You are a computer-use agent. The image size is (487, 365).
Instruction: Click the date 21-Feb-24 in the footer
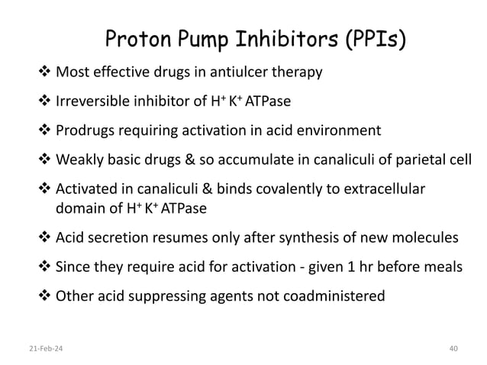click(x=35, y=348)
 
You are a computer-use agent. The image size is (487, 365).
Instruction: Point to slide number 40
click(x=453, y=348)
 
